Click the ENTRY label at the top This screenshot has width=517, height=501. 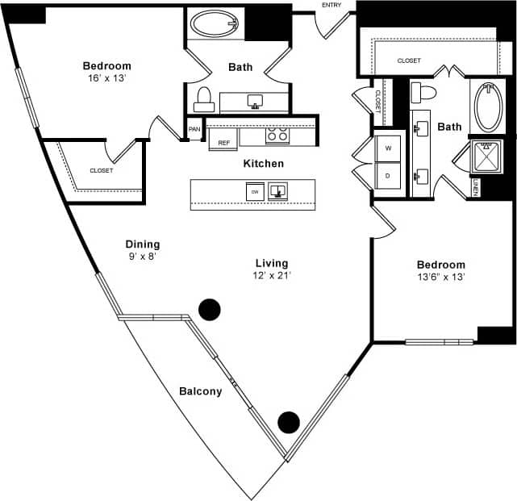pyautogui.click(x=331, y=6)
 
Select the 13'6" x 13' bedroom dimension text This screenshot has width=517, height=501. pyautogui.click(x=441, y=278)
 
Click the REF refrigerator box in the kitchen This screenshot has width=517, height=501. pyautogui.click(x=223, y=142)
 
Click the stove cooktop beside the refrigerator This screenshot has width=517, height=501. pyautogui.click(x=277, y=136)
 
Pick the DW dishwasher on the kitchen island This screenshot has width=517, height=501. pyautogui.click(x=253, y=191)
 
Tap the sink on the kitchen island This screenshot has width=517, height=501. pyautogui.click(x=278, y=190)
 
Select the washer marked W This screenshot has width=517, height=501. pyautogui.click(x=388, y=148)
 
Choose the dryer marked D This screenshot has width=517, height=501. pyautogui.click(x=388, y=175)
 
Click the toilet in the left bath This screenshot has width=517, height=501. pyautogui.click(x=204, y=99)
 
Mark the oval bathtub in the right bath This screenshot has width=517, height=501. pyautogui.click(x=488, y=107)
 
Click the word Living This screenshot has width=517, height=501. pyautogui.click(x=272, y=263)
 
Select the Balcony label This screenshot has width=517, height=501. pyautogui.click(x=200, y=391)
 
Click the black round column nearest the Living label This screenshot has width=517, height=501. pyautogui.click(x=210, y=308)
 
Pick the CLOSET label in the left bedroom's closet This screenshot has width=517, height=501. pyautogui.click(x=101, y=170)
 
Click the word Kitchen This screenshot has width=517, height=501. pyautogui.click(x=264, y=164)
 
